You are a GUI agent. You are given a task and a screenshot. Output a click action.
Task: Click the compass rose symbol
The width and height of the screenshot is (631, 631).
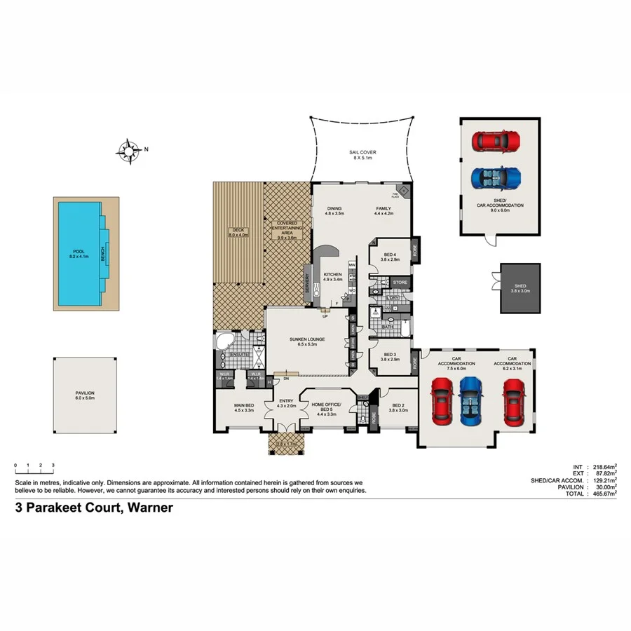129,149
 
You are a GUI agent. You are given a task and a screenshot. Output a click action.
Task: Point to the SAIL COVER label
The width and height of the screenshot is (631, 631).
363,154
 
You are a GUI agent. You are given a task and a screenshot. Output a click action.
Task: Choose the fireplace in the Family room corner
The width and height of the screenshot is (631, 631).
403,189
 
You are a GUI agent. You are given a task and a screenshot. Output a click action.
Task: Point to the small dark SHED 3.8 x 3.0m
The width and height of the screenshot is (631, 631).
520,288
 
